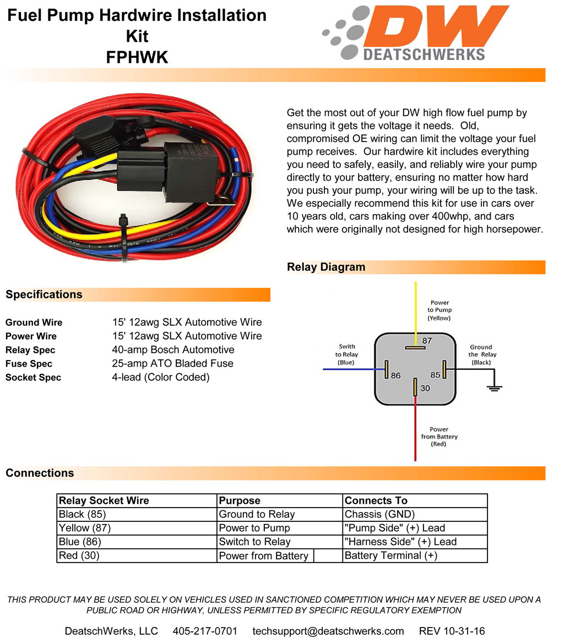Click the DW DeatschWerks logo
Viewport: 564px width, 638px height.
(x=416, y=33)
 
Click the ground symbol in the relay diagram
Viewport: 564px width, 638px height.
(x=495, y=387)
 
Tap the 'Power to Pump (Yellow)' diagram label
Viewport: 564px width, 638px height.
(x=439, y=310)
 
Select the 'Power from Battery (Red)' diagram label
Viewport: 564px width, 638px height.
(x=439, y=437)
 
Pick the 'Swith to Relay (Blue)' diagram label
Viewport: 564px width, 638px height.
(x=346, y=355)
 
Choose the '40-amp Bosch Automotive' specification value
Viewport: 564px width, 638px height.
(x=173, y=350)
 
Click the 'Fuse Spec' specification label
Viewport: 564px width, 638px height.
(x=29, y=364)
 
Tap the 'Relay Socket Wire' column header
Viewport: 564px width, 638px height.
(x=104, y=501)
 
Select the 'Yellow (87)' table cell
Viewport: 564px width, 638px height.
(x=84, y=528)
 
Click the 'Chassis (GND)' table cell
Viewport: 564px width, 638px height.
(x=379, y=515)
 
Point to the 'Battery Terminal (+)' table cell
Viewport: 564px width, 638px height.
(x=391, y=556)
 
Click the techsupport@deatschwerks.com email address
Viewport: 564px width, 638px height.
(x=328, y=631)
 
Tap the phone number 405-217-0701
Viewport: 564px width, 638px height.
(x=205, y=631)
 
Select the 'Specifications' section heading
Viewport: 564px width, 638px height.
(x=44, y=295)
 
